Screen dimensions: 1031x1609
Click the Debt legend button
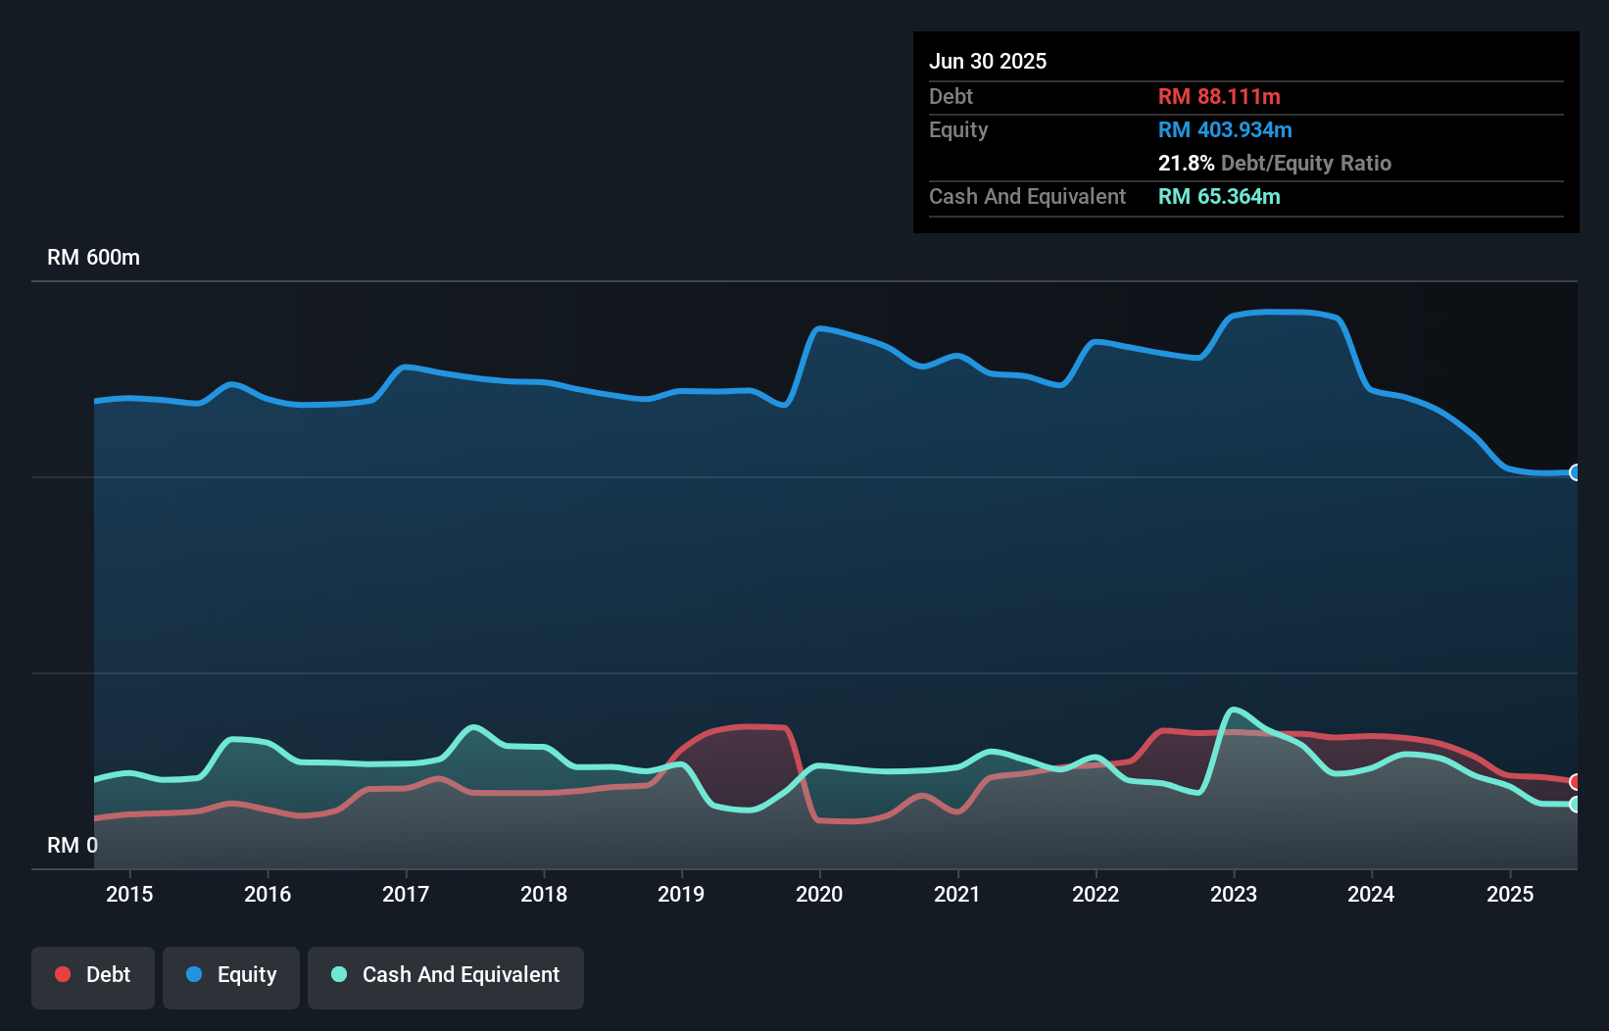point(93,975)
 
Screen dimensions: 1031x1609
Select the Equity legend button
point(231,975)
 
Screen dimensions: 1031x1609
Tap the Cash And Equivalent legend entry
point(446,975)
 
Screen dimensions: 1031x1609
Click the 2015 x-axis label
point(129,894)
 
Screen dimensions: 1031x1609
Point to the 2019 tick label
point(681,894)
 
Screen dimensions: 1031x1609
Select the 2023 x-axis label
point(1234,894)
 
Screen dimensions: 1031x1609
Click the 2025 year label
point(1510,894)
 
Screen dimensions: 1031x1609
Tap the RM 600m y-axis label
point(93,258)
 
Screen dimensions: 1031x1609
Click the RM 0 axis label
point(73,845)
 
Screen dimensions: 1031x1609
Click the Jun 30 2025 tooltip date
point(988,62)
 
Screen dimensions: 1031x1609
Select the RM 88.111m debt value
point(1219,97)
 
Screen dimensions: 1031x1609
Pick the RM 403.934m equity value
point(1225,130)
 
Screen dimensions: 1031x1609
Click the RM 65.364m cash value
point(1219,197)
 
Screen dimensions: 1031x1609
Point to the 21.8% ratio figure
point(1186,164)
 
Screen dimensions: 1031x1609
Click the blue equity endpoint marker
point(1575,472)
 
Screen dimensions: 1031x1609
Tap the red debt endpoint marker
point(1575,782)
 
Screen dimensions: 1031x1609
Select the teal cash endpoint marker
point(1575,805)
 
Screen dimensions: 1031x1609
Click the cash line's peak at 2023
point(1234,709)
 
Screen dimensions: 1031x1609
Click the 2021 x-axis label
point(957,894)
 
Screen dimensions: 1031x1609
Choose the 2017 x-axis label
point(406,894)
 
